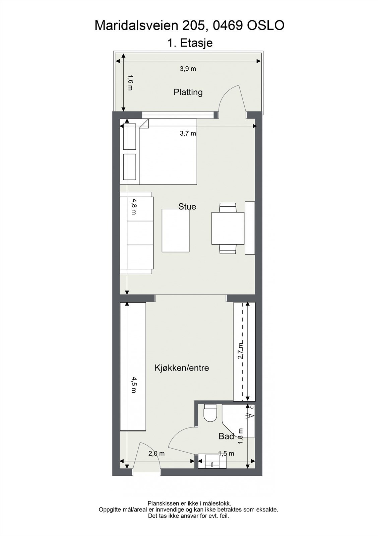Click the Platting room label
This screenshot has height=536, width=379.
point(188,92)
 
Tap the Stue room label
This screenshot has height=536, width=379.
point(187,206)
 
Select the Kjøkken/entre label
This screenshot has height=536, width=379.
point(182,368)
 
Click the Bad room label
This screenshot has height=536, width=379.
point(226,436)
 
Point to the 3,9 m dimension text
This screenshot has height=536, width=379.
point(188,69)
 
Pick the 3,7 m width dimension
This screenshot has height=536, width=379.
point(188,133)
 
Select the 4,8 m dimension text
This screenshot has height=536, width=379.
point(134,206)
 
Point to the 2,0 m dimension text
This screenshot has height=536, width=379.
point(156,454)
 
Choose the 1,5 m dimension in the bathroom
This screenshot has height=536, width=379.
point(226,454)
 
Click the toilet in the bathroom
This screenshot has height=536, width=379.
point(210,413)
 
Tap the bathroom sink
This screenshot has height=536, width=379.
point(212,461)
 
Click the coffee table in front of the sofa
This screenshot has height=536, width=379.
point(175,230)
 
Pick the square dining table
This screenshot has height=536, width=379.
point(228,228)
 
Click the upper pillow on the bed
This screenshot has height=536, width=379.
point(129,136)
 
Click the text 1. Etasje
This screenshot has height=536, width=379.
point(190,43)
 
